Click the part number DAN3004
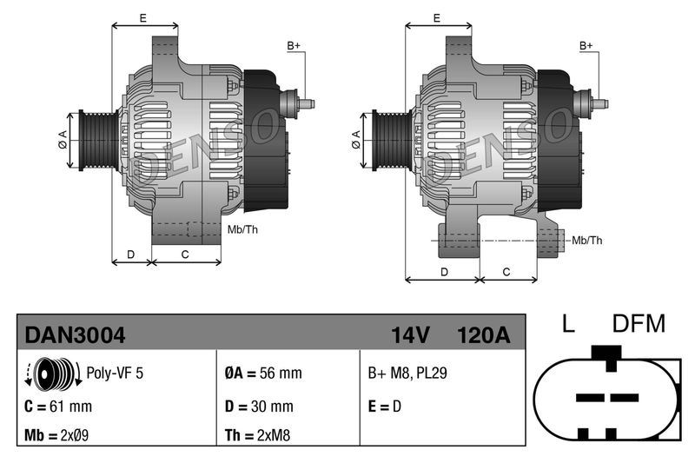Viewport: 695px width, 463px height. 75,334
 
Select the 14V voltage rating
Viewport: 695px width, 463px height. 411,334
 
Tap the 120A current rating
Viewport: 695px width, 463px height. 483,334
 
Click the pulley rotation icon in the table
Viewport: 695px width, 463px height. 48,373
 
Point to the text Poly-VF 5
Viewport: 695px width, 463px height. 115,374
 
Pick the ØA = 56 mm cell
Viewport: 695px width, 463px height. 262,374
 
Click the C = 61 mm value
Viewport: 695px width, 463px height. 58,406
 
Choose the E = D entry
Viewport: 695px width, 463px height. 385,406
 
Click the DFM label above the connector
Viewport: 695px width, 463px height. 639,325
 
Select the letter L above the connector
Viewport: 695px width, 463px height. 568,325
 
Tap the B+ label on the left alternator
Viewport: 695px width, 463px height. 294,45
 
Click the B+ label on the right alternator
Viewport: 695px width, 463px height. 586,45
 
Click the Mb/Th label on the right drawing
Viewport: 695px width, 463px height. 586,240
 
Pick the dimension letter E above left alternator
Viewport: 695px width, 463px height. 142,17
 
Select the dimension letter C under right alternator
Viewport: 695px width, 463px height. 506,272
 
